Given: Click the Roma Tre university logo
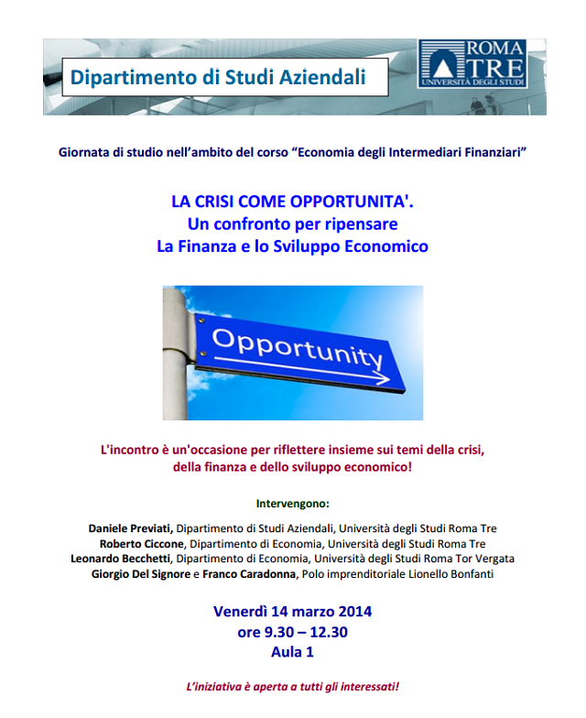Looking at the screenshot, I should click(472, 63).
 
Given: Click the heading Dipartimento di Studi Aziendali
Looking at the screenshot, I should click(218, 77).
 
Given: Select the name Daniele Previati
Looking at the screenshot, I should click(130, 528).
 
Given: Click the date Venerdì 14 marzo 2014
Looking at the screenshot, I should click(293, 611).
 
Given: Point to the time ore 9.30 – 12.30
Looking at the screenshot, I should click(293, 632).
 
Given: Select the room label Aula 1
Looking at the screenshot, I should click(293, 653).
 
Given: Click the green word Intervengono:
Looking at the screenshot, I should click(293, 503).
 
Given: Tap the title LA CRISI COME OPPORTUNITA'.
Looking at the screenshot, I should click(293, 201).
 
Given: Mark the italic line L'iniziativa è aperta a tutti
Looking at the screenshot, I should click(293, 686).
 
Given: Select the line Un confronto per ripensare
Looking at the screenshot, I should click(293, 223).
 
